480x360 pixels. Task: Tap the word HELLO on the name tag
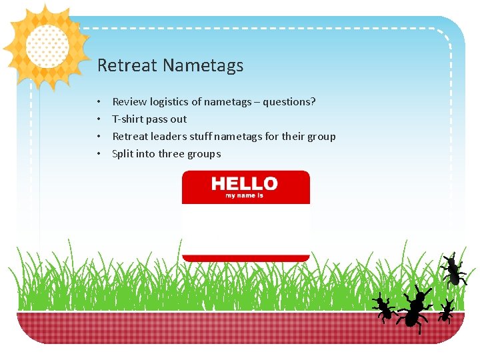[x=245, y=184]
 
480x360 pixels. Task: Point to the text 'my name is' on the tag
[x=245, y=195]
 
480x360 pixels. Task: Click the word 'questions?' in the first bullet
[x=289, y=102]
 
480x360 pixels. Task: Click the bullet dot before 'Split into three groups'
[x=98, y=155]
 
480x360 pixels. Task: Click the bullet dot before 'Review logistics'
[x=98, y=103]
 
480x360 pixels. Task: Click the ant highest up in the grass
[x=453, y=270]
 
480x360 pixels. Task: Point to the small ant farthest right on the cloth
[x=446, y=311]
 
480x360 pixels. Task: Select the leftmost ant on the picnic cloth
[x=383, y=307]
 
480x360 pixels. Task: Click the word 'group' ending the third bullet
[x=321, y=137]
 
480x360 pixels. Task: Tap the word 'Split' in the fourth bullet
[x=122, y=154]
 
